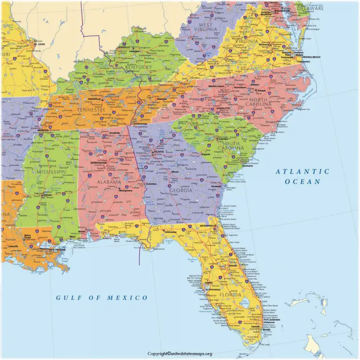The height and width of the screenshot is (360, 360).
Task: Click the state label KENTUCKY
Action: click(138, 67)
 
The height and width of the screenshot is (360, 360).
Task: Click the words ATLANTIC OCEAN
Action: click(302, 176)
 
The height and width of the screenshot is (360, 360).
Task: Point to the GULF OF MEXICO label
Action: click(102, 297)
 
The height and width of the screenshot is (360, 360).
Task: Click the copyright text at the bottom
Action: click(180, 353)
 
